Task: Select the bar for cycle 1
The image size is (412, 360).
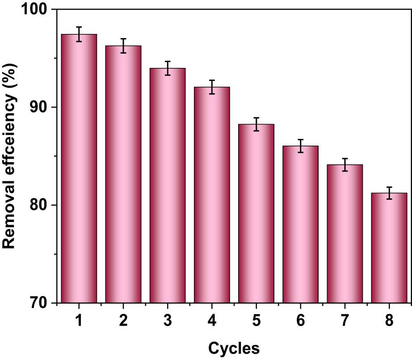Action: (x=79, y=170)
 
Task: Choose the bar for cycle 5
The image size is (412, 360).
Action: (x=256, y=214)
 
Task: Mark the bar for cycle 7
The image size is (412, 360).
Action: (x=345, y=234)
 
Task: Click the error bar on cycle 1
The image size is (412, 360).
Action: (x=79, y=34)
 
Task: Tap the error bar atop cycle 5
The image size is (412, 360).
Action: (x=256, y=124)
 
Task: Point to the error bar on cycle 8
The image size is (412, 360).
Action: (x=389, y=193)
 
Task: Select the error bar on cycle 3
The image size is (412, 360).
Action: (x=168, y=68)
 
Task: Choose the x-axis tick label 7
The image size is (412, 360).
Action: (x=345, y=321)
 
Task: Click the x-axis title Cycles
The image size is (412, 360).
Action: (x=234, y=347)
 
